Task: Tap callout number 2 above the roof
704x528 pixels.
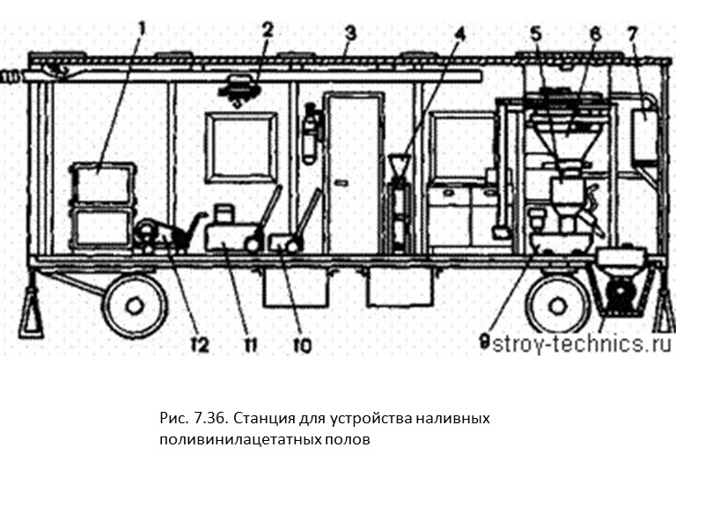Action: point(268,29)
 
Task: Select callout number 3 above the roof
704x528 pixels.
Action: point(349,35)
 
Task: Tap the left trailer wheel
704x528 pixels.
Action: point(135,304)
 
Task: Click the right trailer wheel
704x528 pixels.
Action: point(556,304)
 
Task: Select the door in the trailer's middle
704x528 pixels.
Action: point(354,172)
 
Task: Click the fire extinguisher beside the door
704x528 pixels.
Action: point(310,132)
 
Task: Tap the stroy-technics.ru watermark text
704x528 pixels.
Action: point(582,344)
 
